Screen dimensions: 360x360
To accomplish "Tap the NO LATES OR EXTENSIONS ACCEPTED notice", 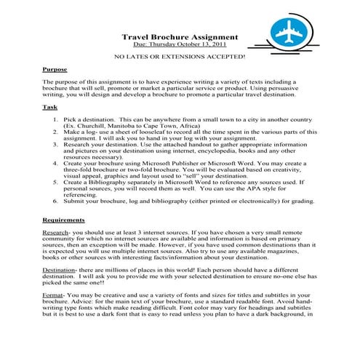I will (x=180, y=56).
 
